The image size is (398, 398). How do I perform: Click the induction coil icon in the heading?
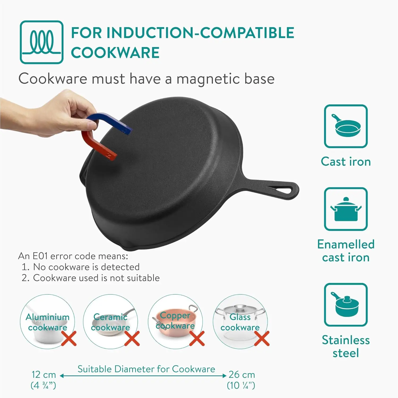tap(42, 42)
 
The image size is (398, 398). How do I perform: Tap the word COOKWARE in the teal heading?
tap(115, 53)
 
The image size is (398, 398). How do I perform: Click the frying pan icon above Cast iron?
tap(345, 126)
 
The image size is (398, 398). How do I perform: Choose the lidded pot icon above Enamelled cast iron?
tap(345, 209)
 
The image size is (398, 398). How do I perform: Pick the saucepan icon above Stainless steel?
tap(345, 305)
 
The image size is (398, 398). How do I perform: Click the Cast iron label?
tap(345, 161)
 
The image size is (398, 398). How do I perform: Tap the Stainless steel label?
tap(345, 346)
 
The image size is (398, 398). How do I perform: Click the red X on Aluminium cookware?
tap(69, 338)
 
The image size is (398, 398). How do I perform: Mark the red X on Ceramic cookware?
tap(132, 338)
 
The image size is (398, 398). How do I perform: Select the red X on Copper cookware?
tap(197, 338)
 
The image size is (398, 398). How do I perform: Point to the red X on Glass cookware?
tap(262, 338)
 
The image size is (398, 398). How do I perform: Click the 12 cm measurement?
tap(44, 375)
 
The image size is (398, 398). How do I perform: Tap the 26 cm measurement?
tap(241, 375)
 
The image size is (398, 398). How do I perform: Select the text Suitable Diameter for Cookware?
tap(146, 369)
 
